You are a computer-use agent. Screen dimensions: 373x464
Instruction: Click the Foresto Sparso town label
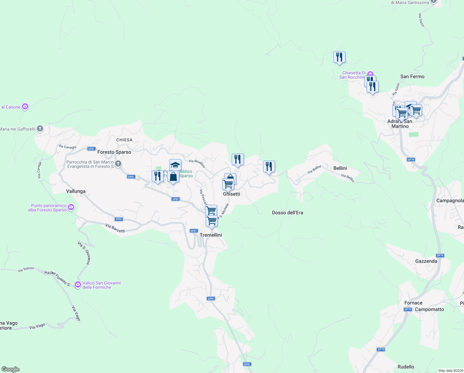[114, 152]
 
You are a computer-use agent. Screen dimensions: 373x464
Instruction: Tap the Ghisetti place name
[231, 194]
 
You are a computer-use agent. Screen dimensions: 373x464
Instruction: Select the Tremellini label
[211, 235]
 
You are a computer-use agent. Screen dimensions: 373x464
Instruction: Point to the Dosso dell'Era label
[287, 213]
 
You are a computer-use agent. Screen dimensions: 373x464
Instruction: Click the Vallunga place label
[76, 191]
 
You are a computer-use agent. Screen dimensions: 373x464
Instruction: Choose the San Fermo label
[412, 76]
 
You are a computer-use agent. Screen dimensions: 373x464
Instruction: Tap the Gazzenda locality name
[426, 261]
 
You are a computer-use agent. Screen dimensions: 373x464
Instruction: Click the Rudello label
[406, 367]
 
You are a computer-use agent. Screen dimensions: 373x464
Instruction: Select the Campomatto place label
[429, 309]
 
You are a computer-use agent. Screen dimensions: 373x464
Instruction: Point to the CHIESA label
[124, 140]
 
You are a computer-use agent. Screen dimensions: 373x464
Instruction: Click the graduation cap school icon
[175, 165]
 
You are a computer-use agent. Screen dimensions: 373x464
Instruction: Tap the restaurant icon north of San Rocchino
[339, 57]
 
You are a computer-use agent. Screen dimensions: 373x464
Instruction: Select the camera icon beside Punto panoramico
[71, 207]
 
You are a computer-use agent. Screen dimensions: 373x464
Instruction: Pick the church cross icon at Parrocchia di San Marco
[118, 163]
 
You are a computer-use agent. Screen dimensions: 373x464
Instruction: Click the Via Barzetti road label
[115, 228]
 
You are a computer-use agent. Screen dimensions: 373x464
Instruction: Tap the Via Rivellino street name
[197, 163]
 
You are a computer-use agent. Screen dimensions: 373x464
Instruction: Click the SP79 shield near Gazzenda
[440, 256]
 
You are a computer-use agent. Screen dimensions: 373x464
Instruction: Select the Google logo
[11, 369]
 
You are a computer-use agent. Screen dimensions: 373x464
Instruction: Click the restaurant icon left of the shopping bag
[158, 176]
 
